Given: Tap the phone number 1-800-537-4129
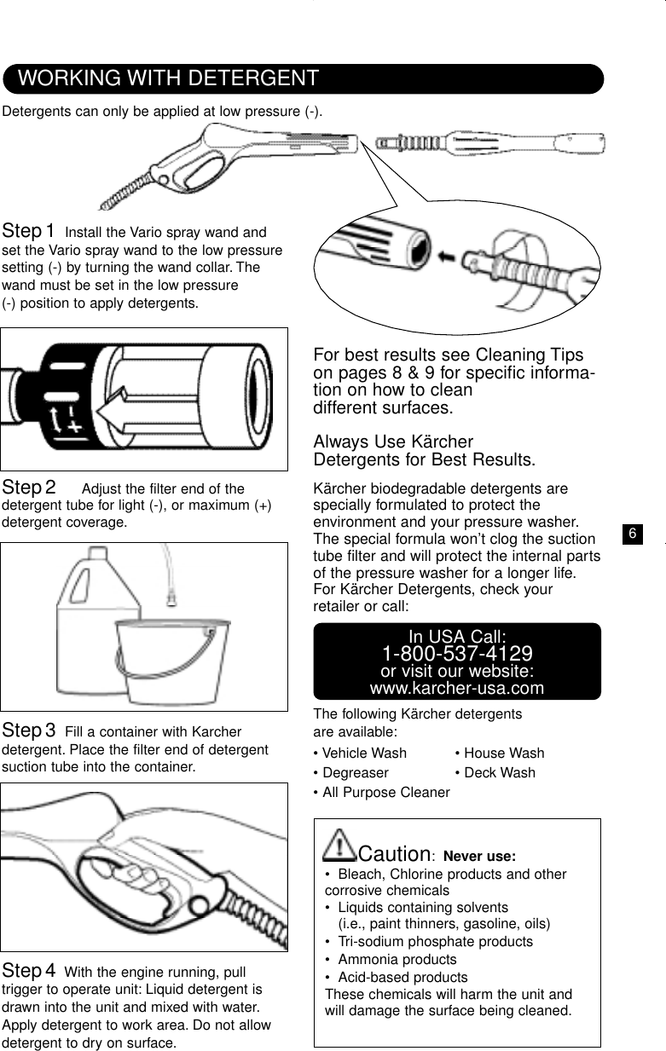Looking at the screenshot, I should pos(457,654).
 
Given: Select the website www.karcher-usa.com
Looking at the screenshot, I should pos(457,688).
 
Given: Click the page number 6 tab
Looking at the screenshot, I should pos(632,534).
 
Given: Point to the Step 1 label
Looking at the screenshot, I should pos(30,231).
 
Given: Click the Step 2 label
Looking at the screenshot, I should pos(30,488).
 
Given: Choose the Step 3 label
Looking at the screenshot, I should pos(30,731).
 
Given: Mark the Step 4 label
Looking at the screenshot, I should pos(30,971).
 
